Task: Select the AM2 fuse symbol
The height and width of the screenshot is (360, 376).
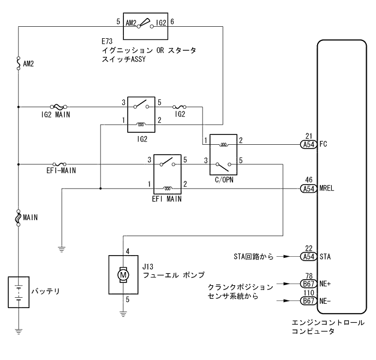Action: tap(19, 64)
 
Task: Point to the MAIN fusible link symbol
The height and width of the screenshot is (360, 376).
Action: tap(19, 217)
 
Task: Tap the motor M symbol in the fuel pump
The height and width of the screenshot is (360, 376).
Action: tap(123, 274)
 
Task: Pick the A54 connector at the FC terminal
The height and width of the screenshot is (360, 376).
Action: tap(308, 145)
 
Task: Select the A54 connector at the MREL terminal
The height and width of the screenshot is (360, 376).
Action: tap(308, 188)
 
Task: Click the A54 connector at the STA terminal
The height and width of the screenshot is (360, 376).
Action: tap(308, 256)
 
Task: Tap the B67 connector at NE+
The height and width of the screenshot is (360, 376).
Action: tap(308, 284)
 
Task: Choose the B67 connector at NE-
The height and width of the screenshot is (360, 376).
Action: tap(308, 301)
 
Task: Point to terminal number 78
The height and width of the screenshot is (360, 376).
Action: tap(308, 276)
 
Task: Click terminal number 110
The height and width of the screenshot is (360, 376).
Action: tap(308, 293)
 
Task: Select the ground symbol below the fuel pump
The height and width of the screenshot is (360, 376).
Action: tap(123, 314)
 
